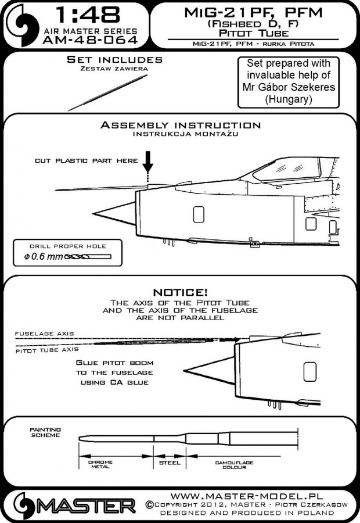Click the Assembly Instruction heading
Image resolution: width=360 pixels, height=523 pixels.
pyautogui.click(x=180, y=125)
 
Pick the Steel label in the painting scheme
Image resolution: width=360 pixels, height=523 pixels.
pyautogui.click(x=166, y=463)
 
